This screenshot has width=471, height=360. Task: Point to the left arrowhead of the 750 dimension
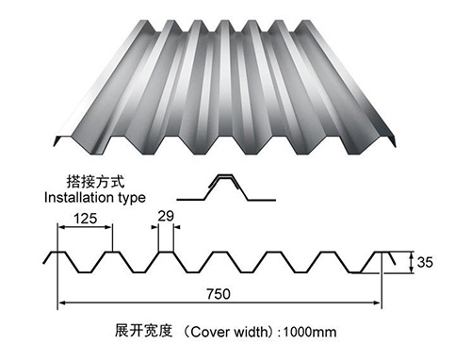tap(63, 303)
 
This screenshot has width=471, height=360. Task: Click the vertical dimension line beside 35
tap(412, 263)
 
